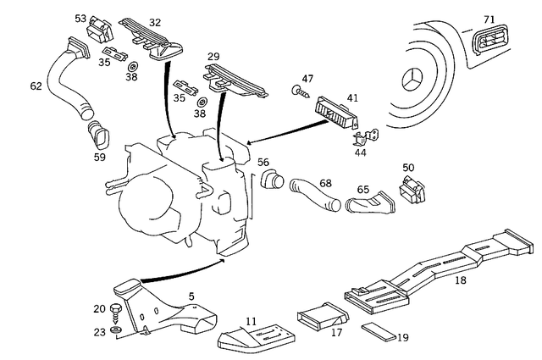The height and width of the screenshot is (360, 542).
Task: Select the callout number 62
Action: click(x=36, y=86)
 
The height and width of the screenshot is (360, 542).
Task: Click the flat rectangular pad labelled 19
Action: click(x=377, y=330)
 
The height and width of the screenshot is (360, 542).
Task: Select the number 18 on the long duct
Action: click(x=461, y=280)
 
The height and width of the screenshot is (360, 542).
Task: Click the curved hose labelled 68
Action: click(x=314, y=193)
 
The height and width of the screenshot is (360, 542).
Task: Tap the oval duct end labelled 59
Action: click(x=101, y=136)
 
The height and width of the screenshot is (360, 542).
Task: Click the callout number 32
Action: click(x=154, y=22)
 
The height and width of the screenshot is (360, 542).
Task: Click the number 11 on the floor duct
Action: click(x=250, y=321)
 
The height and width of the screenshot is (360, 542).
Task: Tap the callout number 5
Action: click(x=191, y=296)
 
